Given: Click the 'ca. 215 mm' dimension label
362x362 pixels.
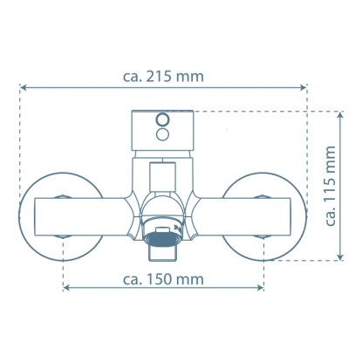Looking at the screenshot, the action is (x=163, y=77).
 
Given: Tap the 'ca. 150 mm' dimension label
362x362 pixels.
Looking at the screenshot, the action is (x=163, y=280).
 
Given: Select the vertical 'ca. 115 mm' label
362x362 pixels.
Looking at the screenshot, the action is (x=331, y=186).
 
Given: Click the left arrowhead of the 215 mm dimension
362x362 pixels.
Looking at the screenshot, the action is (x=24, y=87).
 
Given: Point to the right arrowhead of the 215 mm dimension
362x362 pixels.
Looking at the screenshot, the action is (x=304, y=87).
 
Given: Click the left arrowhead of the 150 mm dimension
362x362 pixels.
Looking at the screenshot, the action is (x=66, y=288).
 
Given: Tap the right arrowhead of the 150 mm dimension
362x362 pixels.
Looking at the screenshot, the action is (x=260, y=288).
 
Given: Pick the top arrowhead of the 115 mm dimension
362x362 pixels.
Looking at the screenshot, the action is (x=340, y=115).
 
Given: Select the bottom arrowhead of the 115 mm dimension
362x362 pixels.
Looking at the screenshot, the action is (x=340, y=256).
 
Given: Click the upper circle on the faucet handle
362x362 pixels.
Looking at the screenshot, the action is (x=162, y=120).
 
